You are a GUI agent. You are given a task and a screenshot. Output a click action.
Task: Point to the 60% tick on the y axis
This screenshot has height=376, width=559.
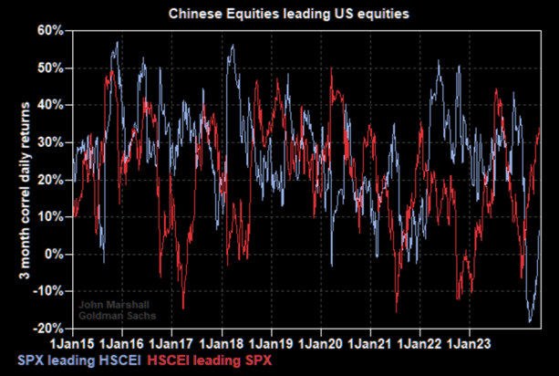click(48, 30)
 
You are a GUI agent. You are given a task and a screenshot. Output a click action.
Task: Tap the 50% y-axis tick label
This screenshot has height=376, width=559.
click(48, 68)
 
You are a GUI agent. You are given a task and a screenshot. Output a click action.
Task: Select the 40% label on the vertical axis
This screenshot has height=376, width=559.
click(48, 105)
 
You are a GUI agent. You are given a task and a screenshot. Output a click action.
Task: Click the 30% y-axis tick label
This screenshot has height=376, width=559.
click(48, 142)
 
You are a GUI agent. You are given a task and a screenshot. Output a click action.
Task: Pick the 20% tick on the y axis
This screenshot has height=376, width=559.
click(48, 180)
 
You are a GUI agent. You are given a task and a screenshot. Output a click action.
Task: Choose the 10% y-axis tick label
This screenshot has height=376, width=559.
click(48, 216)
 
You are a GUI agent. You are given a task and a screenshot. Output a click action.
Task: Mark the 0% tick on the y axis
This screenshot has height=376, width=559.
click(52, 254)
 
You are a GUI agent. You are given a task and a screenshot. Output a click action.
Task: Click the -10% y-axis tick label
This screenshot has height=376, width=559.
click(47, 291)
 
